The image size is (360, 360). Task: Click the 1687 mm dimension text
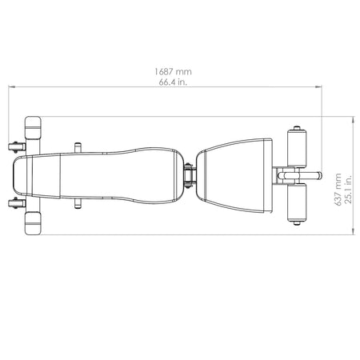pos(173,72)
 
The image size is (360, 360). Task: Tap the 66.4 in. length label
pos(173,82)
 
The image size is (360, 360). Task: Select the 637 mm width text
pos(338,190)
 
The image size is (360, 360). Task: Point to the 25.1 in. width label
pos(348,190)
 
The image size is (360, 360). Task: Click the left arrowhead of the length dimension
pos(11,86)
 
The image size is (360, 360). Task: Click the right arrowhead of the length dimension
pos(318,86)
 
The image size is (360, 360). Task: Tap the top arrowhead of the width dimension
pos(354,119)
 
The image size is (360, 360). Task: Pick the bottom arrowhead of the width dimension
pos(354,232)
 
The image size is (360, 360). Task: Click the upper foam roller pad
pos(297,148)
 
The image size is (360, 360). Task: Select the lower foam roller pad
pos(297,203)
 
